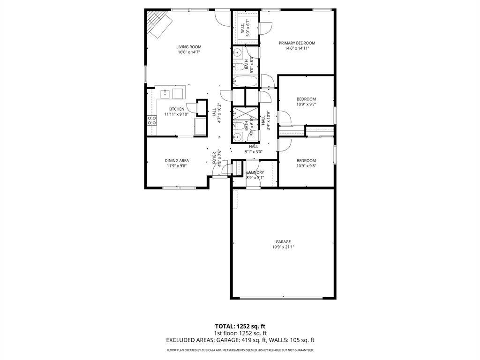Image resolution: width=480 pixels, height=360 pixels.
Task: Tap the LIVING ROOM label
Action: (189, 47)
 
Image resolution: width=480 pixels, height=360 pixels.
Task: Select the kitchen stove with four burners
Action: (152, 120)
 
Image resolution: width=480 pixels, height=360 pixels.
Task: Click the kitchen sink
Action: (165, 93)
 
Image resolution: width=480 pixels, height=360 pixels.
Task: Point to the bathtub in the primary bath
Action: (245, 81)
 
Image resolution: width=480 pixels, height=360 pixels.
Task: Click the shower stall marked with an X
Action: (246, 113)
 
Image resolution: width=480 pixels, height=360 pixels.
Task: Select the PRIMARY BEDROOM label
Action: (297, 43)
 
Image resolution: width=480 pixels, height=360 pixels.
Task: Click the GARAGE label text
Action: (283, 242)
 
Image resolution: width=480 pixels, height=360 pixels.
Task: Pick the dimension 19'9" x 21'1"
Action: (283, 247)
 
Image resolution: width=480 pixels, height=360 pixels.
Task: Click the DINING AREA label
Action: (177, 161)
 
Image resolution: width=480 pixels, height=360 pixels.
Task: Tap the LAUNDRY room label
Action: (255, 172)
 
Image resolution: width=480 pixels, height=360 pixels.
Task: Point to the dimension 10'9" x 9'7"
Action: (306, 104)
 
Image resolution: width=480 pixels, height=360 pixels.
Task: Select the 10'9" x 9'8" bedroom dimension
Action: (306, 165)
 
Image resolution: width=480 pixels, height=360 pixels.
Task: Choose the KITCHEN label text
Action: (176, 109)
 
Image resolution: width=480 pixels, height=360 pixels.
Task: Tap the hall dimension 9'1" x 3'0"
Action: (254, 151)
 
